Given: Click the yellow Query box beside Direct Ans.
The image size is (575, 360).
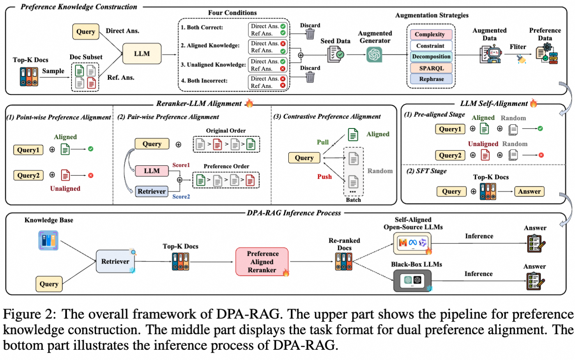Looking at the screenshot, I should point(85,32).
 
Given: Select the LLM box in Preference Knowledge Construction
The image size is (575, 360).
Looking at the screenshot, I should point(142,54).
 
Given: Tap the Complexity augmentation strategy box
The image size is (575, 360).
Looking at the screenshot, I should point(431,34).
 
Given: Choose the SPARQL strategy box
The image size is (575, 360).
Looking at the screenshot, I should point(431,68).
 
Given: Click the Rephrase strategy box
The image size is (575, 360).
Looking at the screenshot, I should point(431,79).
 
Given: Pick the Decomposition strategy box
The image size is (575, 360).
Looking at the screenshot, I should point(431,57).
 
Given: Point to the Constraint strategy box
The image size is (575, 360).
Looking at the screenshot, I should point(431,46).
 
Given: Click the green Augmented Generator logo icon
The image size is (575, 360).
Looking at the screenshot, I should point(374,55).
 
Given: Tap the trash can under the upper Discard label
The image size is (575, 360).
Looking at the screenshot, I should point(310,34).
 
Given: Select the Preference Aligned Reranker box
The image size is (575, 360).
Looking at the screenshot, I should point(262,261).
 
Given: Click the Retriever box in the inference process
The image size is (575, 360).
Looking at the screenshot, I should point(115,261).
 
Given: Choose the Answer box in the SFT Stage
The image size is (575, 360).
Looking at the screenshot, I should point(529,191).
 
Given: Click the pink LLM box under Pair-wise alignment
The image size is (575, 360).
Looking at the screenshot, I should point(152,171).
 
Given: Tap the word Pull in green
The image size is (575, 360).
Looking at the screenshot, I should point(323,142).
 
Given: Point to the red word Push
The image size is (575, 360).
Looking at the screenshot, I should point(324,177).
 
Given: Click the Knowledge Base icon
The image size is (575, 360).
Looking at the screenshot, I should point(48,241).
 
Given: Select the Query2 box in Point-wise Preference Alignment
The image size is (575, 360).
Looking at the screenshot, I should point(28,175).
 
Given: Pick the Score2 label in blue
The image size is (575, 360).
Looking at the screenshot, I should point(181,197).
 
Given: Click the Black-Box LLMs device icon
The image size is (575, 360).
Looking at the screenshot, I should point(412,280).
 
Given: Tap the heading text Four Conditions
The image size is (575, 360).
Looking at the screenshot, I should point(232,13).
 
